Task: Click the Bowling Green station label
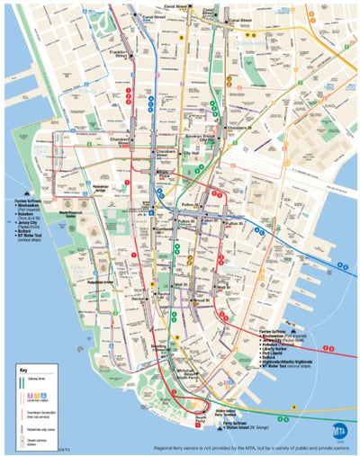pos(159,346)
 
